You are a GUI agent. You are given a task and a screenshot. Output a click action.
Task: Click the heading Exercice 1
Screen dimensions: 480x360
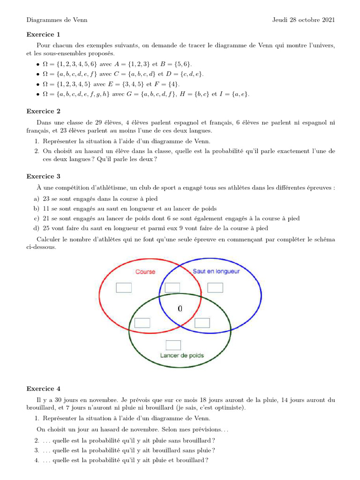point(44,34)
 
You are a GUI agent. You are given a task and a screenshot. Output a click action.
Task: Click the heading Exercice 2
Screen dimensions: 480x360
point(44,111)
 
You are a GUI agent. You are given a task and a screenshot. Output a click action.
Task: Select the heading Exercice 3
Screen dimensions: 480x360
point(44,176)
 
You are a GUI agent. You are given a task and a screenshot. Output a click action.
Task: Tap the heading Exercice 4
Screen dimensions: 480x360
point(44,389)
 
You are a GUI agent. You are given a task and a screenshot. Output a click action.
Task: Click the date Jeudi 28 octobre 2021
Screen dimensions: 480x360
point(303,20)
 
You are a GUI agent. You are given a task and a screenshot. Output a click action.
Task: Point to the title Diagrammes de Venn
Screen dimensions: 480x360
point(57,20)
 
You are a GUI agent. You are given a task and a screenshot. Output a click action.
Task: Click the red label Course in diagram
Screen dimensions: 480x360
point(145,272)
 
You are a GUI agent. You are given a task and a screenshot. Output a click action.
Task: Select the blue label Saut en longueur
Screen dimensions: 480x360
point(216,271)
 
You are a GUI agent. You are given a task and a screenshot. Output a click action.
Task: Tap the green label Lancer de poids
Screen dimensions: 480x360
point(182,356)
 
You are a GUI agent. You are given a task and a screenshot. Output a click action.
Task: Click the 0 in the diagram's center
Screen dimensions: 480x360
point(180,308)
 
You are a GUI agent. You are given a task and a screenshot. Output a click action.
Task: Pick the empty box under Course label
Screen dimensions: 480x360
point(124,287)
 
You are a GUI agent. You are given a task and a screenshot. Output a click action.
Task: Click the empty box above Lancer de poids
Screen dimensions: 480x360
point(173,345)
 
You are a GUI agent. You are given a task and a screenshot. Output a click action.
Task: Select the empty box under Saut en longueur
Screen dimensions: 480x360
point(215,287)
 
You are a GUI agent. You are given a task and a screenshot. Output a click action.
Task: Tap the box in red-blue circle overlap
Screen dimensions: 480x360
point(172,287)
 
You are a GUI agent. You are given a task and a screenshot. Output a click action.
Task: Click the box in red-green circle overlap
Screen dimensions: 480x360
point(142,322)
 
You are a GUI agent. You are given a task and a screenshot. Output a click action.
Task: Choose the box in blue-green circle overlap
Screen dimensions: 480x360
point(202,322)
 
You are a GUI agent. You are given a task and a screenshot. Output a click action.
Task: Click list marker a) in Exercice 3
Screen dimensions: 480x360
point(36,199)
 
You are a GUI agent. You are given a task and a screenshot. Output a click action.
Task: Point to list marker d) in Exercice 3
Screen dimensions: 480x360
point(36,228)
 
